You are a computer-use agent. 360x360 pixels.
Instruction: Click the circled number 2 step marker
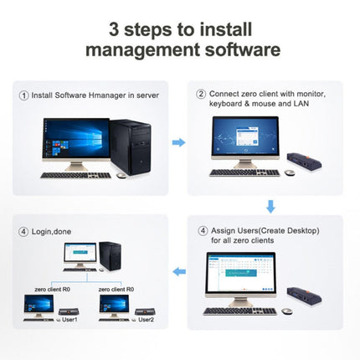point(202,94)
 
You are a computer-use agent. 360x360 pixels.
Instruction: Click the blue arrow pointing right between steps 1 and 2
point(178,142)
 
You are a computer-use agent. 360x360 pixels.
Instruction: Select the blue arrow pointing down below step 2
point(270,206)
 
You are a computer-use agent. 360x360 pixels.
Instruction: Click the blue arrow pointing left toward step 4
point(178,271)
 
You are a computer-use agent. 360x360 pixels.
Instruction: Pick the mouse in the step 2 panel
point(290,172)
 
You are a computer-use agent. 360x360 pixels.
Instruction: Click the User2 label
point(145,320)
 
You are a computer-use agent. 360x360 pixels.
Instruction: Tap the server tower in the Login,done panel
point(110,255)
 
